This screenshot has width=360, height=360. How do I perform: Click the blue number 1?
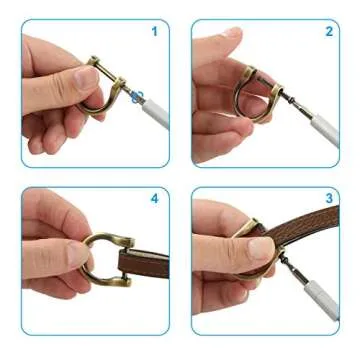click(x=154, y=31)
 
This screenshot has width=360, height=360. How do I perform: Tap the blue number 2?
click(x=328, y=31)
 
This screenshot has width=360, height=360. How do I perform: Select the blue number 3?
click(x=328, y=198)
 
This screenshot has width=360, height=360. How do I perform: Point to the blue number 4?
click(x=154, y=198)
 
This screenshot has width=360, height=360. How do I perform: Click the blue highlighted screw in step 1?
click(x=138, y=96)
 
